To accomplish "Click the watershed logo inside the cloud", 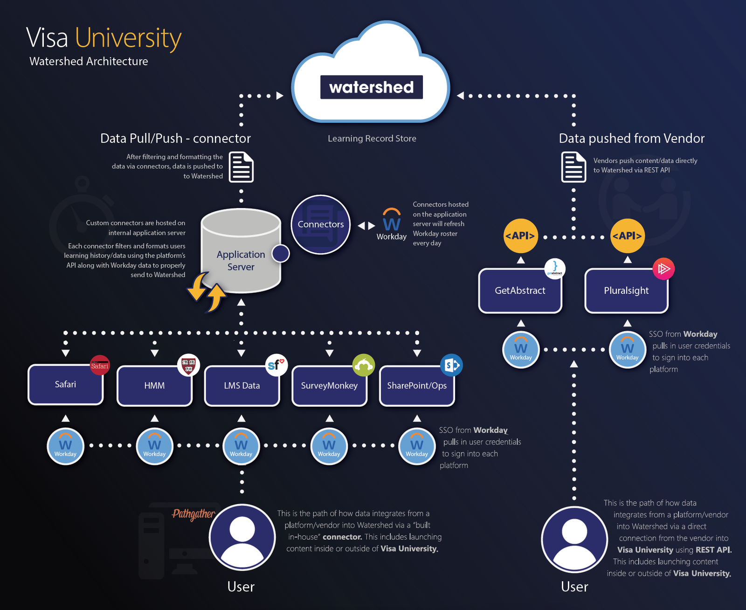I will (x=371, y=87).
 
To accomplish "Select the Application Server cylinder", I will (x=241, y=254).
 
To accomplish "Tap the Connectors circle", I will (x=321, y=224).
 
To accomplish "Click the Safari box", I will (x=65, y=384).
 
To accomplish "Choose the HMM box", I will (x=154, y=386).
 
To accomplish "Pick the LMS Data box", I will (x=242, y=386).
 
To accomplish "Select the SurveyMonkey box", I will (x=329, y=386).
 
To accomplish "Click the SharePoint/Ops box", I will (x=417, y=386).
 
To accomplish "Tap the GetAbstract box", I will (x=520, y=291).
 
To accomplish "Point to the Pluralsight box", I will (x=626, y=291).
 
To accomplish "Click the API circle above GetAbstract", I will (x=520, y=236).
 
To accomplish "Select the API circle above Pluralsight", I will (x=627, y=236).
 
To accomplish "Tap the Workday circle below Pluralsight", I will (x=627, y=350).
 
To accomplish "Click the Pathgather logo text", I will (x=193, y=514).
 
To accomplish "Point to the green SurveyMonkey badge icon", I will (x=363, y=365).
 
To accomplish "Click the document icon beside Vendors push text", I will (x=573, y=167).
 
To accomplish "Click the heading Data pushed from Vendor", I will (x=631, y=139).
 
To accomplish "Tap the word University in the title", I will (x=128, y=38).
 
